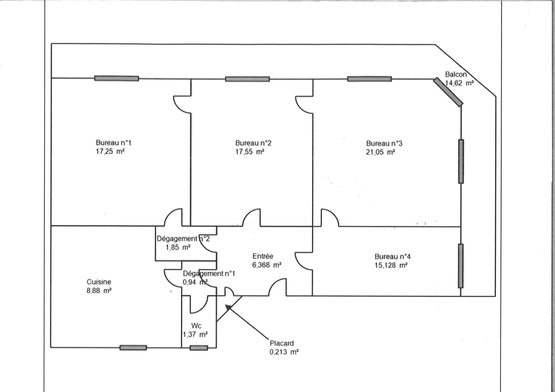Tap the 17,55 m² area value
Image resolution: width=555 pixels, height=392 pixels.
tap(250, 152)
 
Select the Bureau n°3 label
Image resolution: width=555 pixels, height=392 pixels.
tap(384, 143)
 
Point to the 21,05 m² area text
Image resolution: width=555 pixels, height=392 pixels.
tap(381, 152)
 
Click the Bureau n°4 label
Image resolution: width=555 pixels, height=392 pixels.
tap(392, 257)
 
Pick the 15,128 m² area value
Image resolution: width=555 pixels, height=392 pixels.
tap(391, 265)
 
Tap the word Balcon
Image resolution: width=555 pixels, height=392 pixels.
tap(456, 74)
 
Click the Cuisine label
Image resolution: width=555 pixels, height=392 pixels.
tap(99, 282)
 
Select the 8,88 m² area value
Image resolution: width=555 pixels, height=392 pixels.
tap(99, 291)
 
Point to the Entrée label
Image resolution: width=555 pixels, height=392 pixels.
tap(263, 256)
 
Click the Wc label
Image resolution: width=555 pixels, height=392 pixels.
tap(196, 326)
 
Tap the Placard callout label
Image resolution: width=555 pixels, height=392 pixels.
tap(282, 343)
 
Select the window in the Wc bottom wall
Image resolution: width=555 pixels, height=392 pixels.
tap(199, 348)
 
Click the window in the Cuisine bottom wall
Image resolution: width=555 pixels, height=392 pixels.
tap(133, 348)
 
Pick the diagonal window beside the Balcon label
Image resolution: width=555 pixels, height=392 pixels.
tap(448, 92)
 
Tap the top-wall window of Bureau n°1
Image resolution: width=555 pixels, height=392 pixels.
tap(117, 78)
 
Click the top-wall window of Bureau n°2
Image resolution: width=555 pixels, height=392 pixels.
tap(247, 79)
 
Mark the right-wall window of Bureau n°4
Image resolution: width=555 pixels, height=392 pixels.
tap(461, 266)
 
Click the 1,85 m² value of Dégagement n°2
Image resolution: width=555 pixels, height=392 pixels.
tap(178, 247)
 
